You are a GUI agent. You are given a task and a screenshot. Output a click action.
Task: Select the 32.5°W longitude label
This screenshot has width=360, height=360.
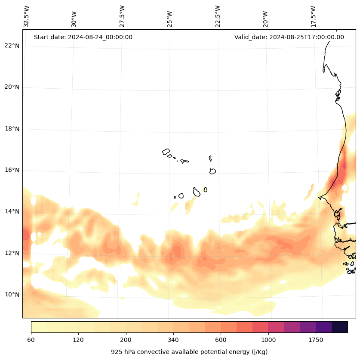[x=27, y=16]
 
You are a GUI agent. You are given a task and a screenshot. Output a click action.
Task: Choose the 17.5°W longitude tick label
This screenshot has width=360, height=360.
[x=314, y=16]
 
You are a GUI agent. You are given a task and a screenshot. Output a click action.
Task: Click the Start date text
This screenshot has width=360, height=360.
[x=83, y=37]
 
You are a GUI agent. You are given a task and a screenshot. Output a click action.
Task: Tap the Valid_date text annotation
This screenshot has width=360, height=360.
[x=289, y=37]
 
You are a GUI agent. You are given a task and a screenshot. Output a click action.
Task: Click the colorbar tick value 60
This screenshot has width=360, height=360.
[x=31, y=340]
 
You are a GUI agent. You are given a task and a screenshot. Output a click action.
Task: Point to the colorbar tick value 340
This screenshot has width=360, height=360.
[x=173, y=340]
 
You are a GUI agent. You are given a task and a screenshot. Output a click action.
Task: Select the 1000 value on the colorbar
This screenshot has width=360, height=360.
[x=268, y=340]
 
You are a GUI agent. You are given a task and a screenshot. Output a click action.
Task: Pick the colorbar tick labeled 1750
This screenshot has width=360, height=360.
[x=316, y=340]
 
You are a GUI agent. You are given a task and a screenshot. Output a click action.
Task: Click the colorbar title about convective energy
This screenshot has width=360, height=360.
[x=189, y=352]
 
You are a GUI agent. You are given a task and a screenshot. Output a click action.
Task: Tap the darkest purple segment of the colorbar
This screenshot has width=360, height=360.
[x=340, y=327]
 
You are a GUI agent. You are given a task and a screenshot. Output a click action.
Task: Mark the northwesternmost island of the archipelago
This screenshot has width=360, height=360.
[x=166, y=152]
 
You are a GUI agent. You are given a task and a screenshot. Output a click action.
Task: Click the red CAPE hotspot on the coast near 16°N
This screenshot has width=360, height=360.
[x=343, y=166]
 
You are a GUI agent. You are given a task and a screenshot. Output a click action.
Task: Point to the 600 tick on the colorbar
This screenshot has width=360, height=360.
[x=221, y=340]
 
